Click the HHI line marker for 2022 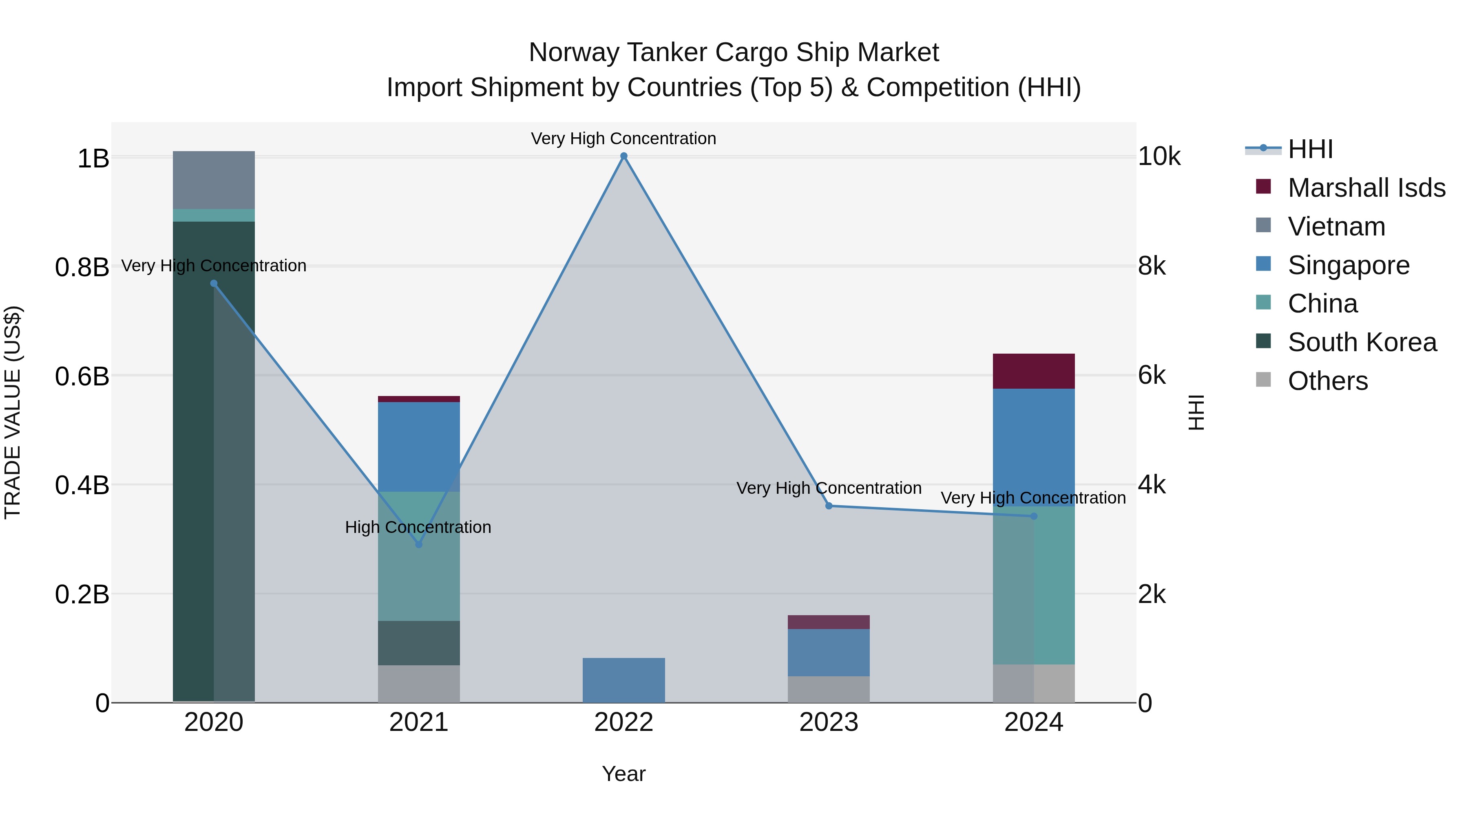click(623, 156)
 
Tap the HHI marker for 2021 click(419, 544)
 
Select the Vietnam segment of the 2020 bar click(214, 180)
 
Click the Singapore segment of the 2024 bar click(1033, 447)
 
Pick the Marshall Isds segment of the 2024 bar click(1033, 371)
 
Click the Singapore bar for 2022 click(623, 680)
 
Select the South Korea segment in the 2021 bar click(419, 643)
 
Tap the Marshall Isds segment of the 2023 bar click(829, 622)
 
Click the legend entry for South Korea click(1362, 342)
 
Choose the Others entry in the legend click(1327, 381)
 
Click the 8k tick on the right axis click(1152, 266)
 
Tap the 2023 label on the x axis click(829, 722)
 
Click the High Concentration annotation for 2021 click(418, 527)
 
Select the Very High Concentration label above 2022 click(623, 139)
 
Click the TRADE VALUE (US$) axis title click(13, 412)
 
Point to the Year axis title click(623, 774)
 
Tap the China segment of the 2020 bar click(214, 215)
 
